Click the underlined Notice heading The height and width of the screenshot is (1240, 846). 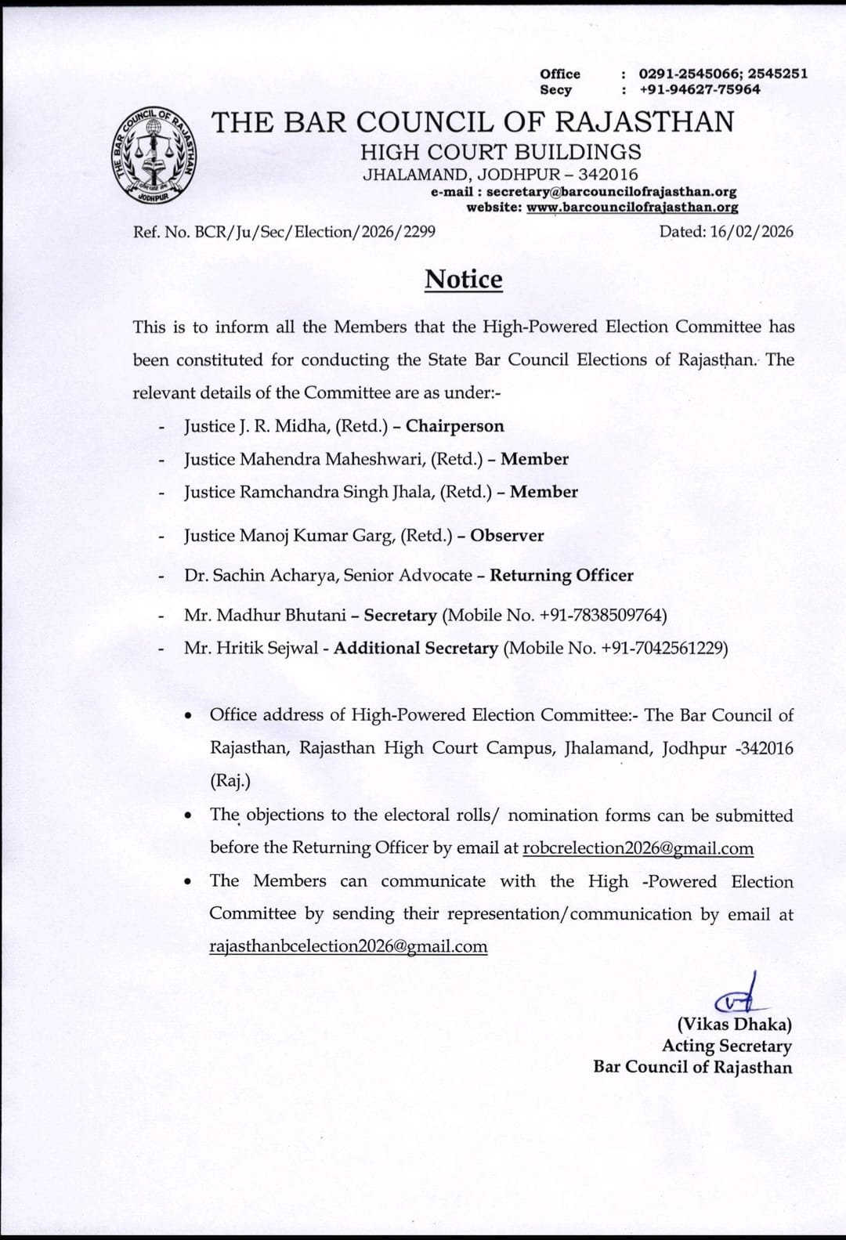(x=463, y=279)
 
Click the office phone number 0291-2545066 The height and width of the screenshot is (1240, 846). (x=687, y=74)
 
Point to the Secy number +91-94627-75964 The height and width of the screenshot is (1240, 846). (x=700, y=89)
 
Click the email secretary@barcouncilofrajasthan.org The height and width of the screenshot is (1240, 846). (x=611, y=191)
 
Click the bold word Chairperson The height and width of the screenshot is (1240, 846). (x=454, y=426)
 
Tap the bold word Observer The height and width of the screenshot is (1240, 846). (x=507, y=536)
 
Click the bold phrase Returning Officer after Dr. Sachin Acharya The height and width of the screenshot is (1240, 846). (x=561, y=576)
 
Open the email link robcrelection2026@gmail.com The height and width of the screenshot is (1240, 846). (x=638, y=848)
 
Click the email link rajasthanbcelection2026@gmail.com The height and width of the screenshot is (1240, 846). (x=349, y=946)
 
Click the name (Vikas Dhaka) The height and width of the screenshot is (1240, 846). (x=734, y=1024)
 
